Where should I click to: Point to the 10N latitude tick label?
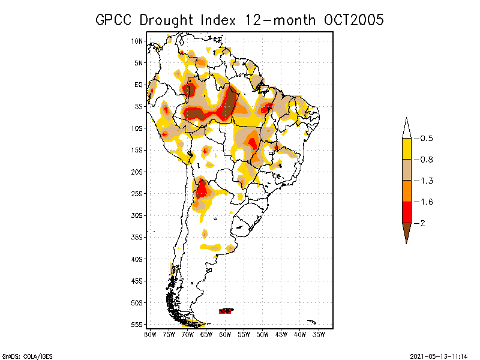tap(138, 41)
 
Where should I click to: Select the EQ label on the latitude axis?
tap(139, 85)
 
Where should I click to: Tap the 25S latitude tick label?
tap(138, 194)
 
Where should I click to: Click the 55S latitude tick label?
tap(138, 325)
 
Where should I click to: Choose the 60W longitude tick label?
tap(225, 334)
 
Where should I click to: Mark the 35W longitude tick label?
tap(319, 334)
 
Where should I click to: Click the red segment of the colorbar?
tap(406, 212)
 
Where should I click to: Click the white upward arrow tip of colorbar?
tap(406, 127)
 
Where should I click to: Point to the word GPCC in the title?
tap(115, 20)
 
